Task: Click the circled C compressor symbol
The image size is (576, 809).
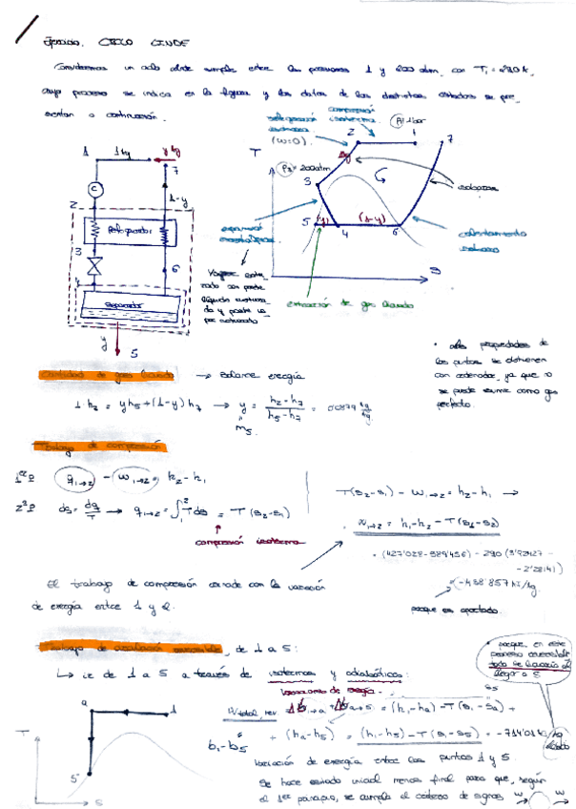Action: (x=94, y=189)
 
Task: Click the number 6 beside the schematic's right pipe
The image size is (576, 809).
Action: (x=177, y=270)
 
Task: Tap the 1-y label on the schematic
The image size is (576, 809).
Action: (x=175, y=199)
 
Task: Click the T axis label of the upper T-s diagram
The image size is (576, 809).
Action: (x=255, y=153)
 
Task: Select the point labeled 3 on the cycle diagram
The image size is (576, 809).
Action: (x=308, y=180)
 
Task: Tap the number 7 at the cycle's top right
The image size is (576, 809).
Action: (x=449, y=139)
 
